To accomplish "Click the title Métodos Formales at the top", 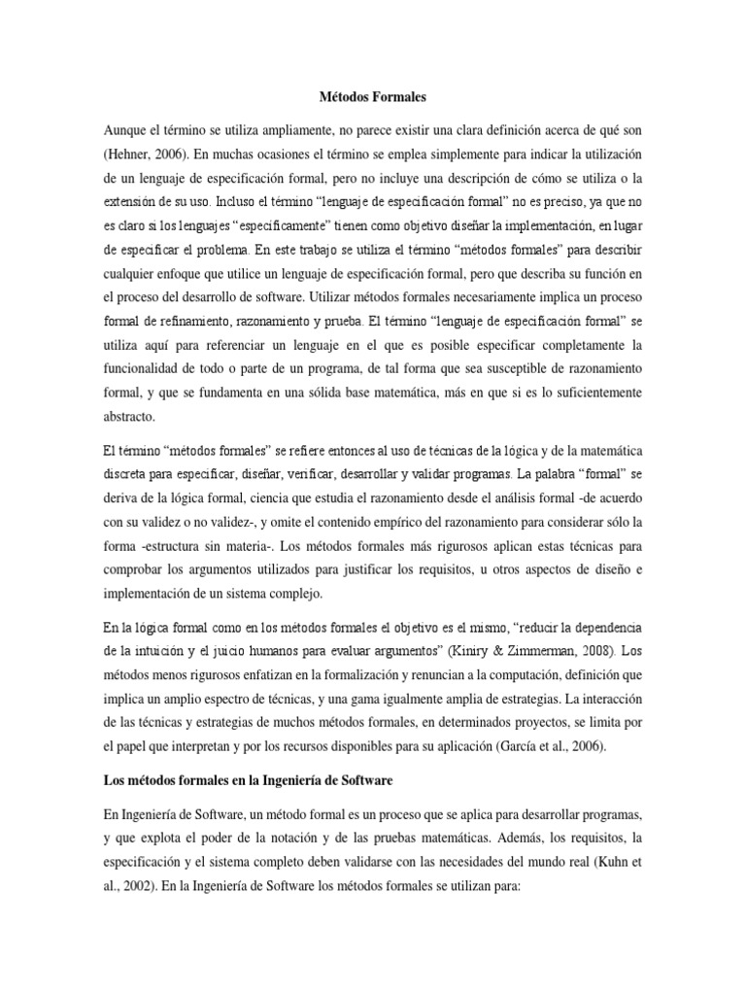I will (x=372, y=97).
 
